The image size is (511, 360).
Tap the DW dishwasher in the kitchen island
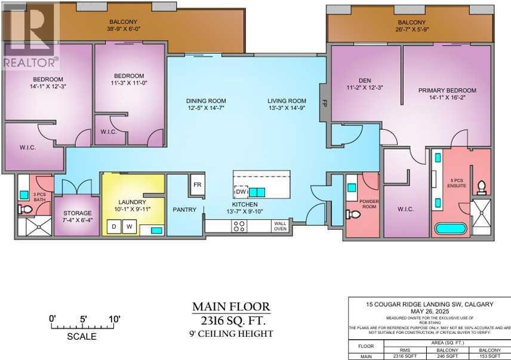[x=241, y=192]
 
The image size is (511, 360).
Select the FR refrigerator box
[x=196, y=184]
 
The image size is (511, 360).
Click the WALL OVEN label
[x=280, y=225]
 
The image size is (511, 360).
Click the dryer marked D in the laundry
[x=113, y=227]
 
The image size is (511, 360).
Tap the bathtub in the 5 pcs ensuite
[x=449, y=229]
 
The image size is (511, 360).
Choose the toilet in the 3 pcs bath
[x=24, y=209]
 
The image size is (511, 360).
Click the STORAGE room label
[x=78, y=213]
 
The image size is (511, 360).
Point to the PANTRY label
[x=184, y=210]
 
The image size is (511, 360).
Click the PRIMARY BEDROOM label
[x=447, y=91]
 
